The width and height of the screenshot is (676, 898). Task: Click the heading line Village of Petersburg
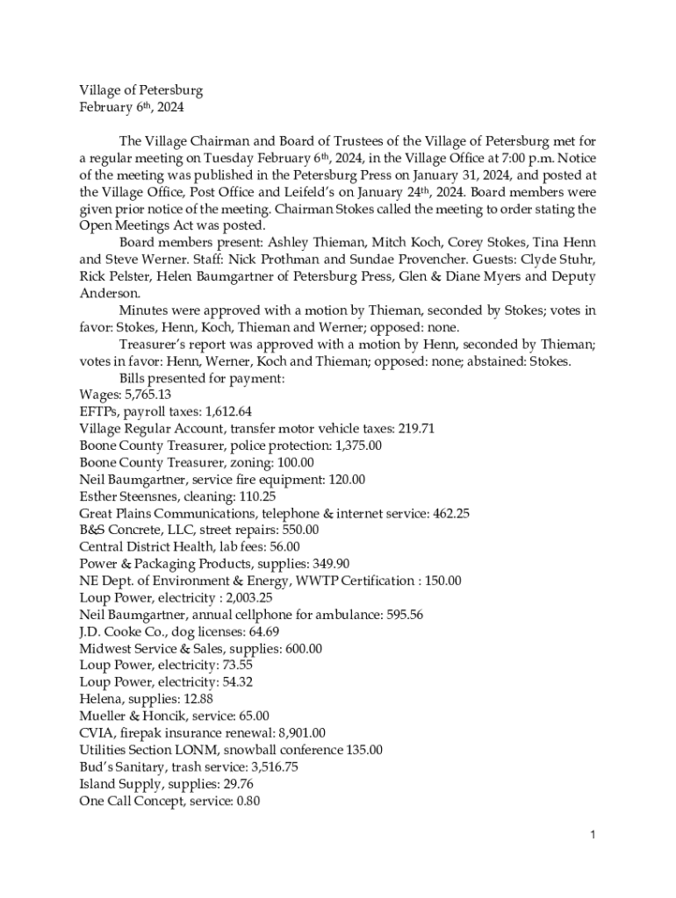click(141, 90)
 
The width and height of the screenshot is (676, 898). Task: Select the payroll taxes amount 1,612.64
click(219, 411)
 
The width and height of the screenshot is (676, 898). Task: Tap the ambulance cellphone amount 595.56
click(401, 615)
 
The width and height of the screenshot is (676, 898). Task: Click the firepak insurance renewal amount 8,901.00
click(297, 733)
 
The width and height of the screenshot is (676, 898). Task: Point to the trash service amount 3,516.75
click(268, 766)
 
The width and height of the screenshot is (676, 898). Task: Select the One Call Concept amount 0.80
click(246, 801)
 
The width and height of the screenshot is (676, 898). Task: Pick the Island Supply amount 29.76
click(236, 784)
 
